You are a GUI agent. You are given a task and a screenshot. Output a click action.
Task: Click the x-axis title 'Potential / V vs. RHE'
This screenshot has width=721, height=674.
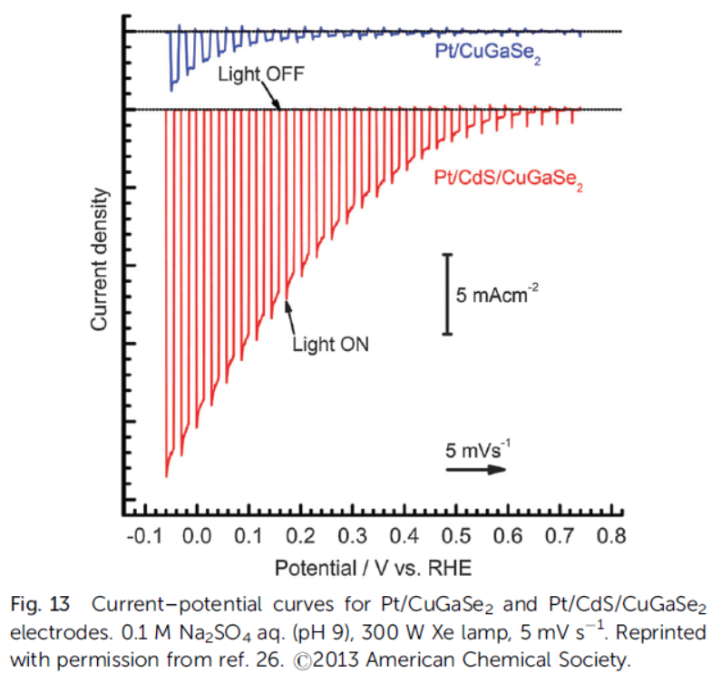tap(375, 569)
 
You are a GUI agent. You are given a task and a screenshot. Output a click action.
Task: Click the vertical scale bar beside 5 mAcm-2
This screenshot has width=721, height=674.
tap(446, 294)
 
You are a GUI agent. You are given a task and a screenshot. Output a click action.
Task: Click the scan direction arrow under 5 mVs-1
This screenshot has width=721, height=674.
tap(474, 469)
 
